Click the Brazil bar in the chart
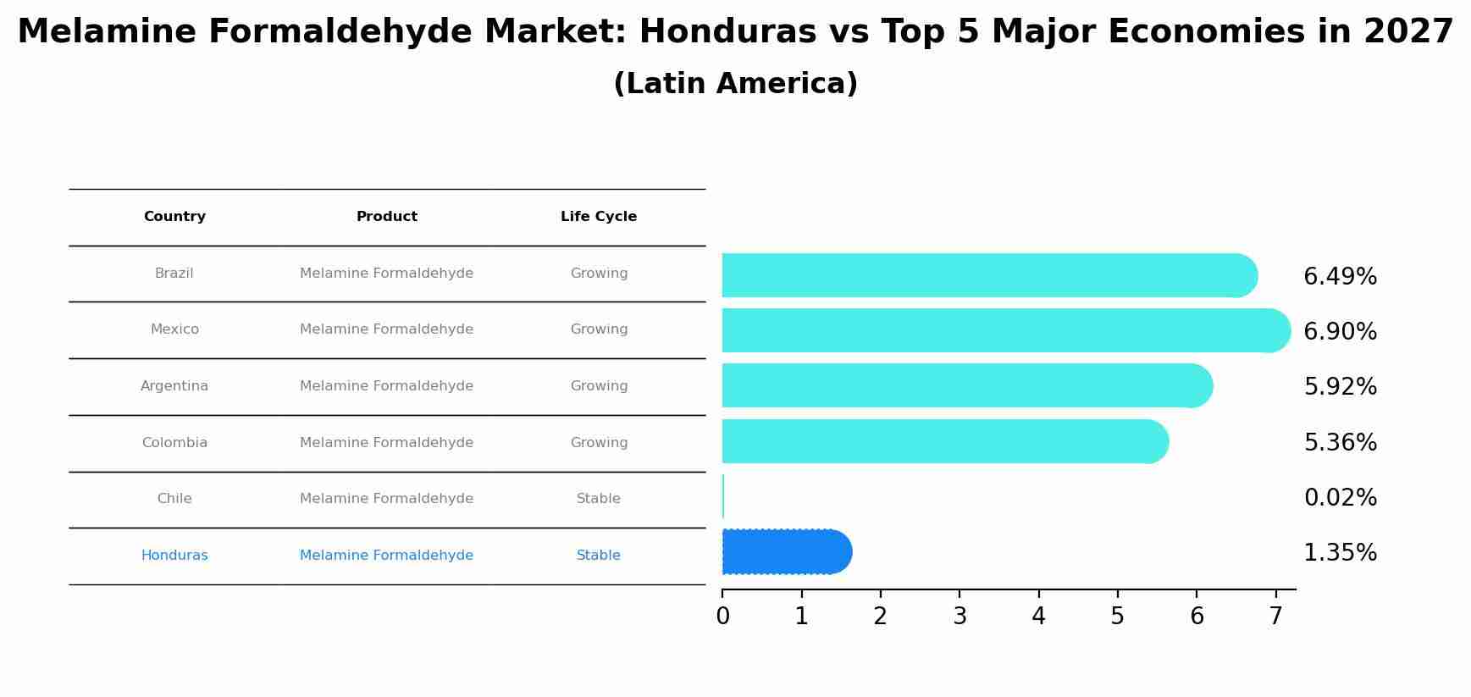click(982, 275)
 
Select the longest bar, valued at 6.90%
click(999, 330)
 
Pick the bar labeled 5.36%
click(940, 441)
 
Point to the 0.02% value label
click(1340, 498)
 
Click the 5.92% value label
click(1340, 387)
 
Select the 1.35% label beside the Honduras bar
click(1340, 553)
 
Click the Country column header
click(174, 217)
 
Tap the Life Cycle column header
click(598, 217)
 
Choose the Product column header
click(386, 217)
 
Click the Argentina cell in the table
click(174, 386)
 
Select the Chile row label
click(174, 499)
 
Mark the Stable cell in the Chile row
click(598, 499)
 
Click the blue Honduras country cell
click(174, 556)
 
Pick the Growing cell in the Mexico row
click(598, 329)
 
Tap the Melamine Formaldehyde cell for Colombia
click(386, 443)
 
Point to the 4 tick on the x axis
click(1038, 617)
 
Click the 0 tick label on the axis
click(722, 617)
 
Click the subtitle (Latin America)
click(735, 84)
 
